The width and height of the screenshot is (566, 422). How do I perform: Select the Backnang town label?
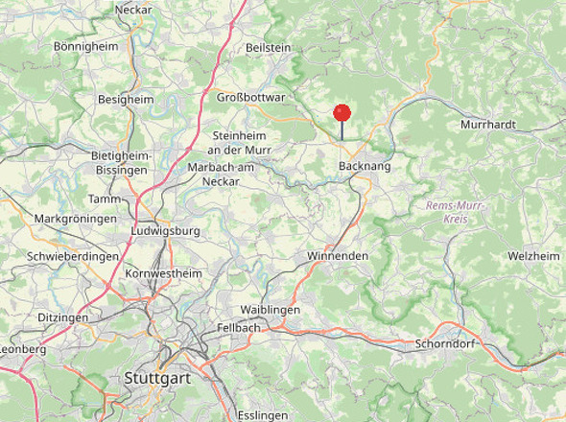[x=365, y=167]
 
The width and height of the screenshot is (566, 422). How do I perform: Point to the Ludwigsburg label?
[x=165, y=231]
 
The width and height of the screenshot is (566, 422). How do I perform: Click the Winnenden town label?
[x=337, y=256]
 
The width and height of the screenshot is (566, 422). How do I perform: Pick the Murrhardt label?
[x=488, y=125]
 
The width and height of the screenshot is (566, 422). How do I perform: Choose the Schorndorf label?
[x=448, y=343]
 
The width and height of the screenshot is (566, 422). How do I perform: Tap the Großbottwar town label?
[x=251, y=97]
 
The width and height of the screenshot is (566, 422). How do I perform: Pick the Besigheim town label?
[x=126, y=99]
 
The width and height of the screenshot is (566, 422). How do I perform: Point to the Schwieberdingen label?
[x=73, y=257]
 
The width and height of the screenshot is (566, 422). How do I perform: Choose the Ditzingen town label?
[x=62, y=316]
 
